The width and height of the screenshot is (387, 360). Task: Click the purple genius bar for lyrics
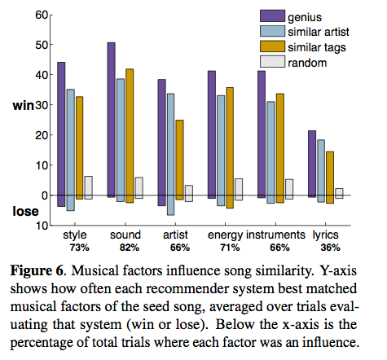pyautogui.click(x=311, y=164)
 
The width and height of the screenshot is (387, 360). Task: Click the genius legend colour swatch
pyautogui.click(x=270, y=15)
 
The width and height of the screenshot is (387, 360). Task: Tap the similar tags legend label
pyautogui.click(x=319, y=46)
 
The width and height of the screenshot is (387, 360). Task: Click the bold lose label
pyautogui.click(x=24, y=212)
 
